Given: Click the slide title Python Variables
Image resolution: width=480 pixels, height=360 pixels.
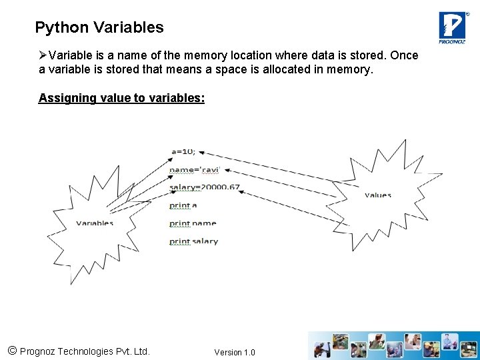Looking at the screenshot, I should tap(99, 27).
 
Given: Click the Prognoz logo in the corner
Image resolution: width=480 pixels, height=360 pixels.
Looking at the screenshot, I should tap(452, 27).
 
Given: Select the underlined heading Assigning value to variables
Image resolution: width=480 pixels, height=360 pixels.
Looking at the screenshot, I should tap(121, 98).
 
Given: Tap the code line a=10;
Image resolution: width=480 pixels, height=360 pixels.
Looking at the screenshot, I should tap(183, 152).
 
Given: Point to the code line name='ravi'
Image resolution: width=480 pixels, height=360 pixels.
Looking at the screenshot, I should tap(193, 170).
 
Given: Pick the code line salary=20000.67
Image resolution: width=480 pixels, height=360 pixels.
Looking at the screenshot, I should tap(204, 187).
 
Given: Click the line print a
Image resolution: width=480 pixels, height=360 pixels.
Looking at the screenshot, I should tap(183, 205).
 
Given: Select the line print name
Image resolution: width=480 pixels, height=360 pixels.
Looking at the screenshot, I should tap(193, 223).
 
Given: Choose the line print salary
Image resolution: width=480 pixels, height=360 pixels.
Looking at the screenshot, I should tap(193, 241).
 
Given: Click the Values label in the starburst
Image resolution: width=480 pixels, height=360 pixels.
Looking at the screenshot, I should tap(378, 195).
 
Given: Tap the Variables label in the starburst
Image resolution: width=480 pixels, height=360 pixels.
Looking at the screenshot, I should tap(95, 223).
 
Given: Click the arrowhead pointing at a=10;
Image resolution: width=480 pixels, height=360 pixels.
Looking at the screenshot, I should tap(202, 151).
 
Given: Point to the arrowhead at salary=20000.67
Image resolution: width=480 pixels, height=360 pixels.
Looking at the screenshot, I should tap(241, 192).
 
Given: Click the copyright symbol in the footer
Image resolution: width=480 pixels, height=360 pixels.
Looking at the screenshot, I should tap(11, 351).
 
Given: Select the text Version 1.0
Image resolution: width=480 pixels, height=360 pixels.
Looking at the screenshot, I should tap(234, 352).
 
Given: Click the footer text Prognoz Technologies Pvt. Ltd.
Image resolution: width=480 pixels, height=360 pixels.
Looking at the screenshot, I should tap(85, 351).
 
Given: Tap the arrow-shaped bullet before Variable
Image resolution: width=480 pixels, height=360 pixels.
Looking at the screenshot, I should tap(43, 55).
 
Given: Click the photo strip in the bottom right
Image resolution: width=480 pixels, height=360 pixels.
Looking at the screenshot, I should tap(393, 345).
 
